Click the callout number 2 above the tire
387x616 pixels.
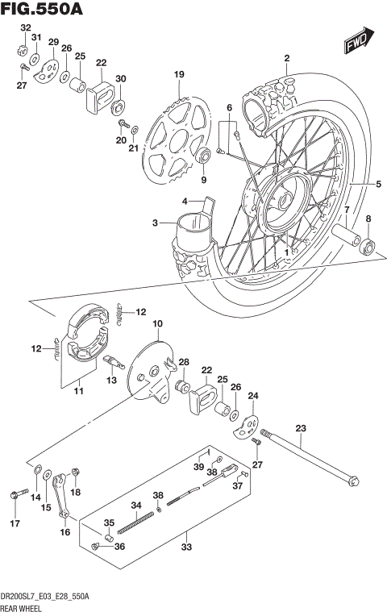pos(285,58)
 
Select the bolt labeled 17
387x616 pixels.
pos(15,493)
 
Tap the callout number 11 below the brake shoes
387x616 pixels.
pos(80,392)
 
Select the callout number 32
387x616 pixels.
pos(25,28)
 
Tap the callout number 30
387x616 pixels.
pos(120,78)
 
